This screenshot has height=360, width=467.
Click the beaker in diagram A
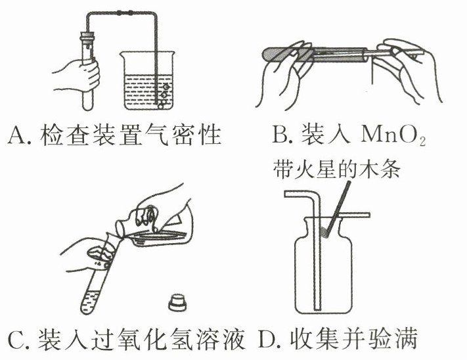coord(147,80)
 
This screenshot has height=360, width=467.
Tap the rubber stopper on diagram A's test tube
coord(87,37)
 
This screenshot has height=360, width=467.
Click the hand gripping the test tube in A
coord(77,74)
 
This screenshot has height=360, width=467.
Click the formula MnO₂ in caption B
coord(393,136)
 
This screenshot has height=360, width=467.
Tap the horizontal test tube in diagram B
coord(316,55)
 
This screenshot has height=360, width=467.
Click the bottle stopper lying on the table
coord(179,302)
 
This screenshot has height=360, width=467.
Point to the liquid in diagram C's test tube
coord(91,302)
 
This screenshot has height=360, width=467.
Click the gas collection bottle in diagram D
coord(323,265)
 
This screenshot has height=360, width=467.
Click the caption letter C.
coord(16,339)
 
